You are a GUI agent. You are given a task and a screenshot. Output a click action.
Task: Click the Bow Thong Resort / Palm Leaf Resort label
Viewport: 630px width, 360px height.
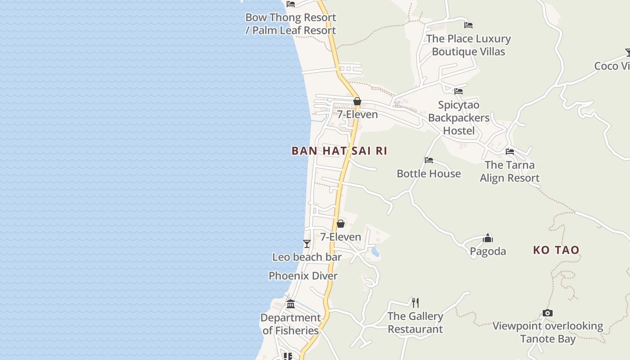point(291,24)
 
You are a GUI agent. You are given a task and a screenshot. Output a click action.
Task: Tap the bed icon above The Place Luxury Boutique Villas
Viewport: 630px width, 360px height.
point(468,25)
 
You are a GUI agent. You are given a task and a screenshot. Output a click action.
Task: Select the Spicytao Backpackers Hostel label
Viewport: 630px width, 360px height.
point(459,118)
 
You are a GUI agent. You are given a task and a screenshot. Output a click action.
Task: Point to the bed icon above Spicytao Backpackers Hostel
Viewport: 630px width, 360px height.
point(459,91)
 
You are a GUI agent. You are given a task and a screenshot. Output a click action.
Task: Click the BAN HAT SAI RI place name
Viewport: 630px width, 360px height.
point(339,151)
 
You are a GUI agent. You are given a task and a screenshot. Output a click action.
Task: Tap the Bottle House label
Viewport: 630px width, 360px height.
point(428,174)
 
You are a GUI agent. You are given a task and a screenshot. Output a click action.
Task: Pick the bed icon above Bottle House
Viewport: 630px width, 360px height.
point(429,160)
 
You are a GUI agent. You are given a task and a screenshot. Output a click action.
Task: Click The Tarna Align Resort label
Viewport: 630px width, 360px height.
point(509,171)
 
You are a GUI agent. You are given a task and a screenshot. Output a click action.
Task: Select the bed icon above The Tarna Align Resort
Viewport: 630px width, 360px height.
point(510,152)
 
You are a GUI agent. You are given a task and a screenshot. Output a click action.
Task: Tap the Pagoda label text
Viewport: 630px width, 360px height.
point(488,251)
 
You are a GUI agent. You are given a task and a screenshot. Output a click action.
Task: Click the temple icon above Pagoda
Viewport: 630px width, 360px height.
point(488,238)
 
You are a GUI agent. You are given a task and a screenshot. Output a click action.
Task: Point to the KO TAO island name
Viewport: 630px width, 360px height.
point(556,250)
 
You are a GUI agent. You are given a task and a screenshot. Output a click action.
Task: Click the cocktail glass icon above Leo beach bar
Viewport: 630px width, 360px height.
point(307,244)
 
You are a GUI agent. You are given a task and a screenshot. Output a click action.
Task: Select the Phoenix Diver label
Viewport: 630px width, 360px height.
point(303,276)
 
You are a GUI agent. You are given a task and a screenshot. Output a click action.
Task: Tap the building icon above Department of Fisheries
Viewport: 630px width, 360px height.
point(291,304)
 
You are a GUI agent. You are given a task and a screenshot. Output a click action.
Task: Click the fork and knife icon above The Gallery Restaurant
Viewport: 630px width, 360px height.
point(415,302)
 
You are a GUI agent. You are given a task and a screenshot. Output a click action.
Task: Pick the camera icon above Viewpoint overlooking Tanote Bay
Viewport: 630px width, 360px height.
point(548,313)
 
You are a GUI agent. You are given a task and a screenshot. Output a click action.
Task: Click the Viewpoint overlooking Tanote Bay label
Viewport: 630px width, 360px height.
point(548,332)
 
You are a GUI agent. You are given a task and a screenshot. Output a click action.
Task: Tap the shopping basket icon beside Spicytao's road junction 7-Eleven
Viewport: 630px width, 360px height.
point(357,101)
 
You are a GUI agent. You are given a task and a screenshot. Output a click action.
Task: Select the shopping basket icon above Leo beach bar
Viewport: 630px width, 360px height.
point(341,224)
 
